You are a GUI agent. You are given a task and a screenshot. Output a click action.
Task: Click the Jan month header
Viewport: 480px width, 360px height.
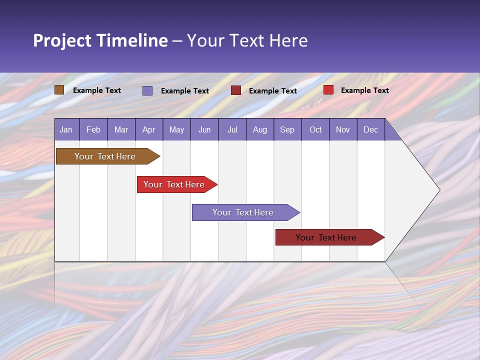pos(66,129)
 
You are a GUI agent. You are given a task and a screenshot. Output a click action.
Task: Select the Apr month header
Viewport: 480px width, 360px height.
pos(148,129)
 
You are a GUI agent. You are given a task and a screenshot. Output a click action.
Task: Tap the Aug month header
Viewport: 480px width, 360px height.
pos(259,129)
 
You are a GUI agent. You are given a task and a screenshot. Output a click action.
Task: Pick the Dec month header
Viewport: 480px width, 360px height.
pos(370,129)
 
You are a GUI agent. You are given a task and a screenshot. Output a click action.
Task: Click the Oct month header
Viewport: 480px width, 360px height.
pos(315,129)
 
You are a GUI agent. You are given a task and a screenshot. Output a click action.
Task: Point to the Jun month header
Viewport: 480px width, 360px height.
pos(204,129)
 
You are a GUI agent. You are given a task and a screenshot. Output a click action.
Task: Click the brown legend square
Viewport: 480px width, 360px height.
pos(59,90)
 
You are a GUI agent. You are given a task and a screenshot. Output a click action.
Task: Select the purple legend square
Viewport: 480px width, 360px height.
pos(147,90)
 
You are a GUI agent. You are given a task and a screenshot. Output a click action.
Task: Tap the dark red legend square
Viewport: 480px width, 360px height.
pos(236,90)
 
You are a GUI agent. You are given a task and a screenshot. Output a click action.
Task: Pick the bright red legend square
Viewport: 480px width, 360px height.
pos(328,90)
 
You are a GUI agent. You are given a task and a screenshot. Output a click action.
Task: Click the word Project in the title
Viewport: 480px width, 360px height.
pos(62,40)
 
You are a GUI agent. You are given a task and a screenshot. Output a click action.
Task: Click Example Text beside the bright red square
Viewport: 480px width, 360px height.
pos(364,90)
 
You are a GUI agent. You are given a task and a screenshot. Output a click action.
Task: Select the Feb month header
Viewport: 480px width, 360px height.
pos(93,129)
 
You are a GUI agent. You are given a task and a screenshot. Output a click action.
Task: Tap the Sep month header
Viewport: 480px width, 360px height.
pos(287,129)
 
